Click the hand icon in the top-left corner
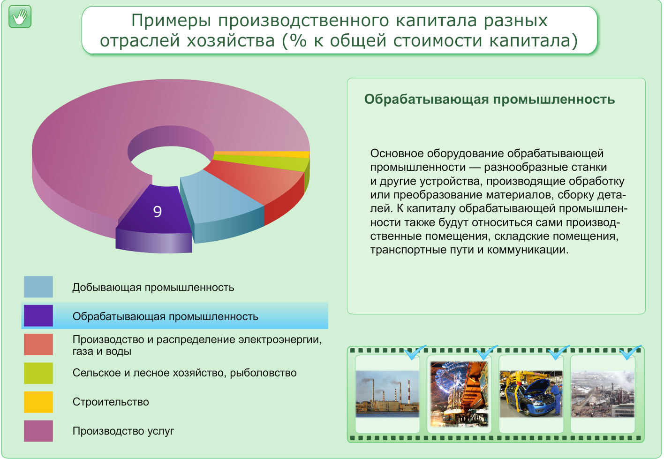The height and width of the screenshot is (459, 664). click(20, 17)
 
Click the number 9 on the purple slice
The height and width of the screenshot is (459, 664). click(158, 212)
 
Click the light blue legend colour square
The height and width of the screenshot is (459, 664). click(38, 287)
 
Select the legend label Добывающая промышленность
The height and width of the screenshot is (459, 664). click(153, 288)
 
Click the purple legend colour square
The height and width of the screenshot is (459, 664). click(38, 316)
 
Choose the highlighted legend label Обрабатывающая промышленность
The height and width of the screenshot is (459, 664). click(165, 317)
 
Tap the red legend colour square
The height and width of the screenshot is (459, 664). click(38, 344)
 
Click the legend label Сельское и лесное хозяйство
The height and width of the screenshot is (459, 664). click(184, 373)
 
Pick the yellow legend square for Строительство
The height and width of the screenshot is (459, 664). click(38, 402)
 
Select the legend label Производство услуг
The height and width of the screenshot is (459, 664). click(123, 431)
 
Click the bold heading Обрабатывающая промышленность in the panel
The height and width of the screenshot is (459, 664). click(489, 99)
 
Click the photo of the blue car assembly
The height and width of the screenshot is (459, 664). click(531, 393)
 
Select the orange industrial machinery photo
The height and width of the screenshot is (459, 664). click(459, 393)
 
